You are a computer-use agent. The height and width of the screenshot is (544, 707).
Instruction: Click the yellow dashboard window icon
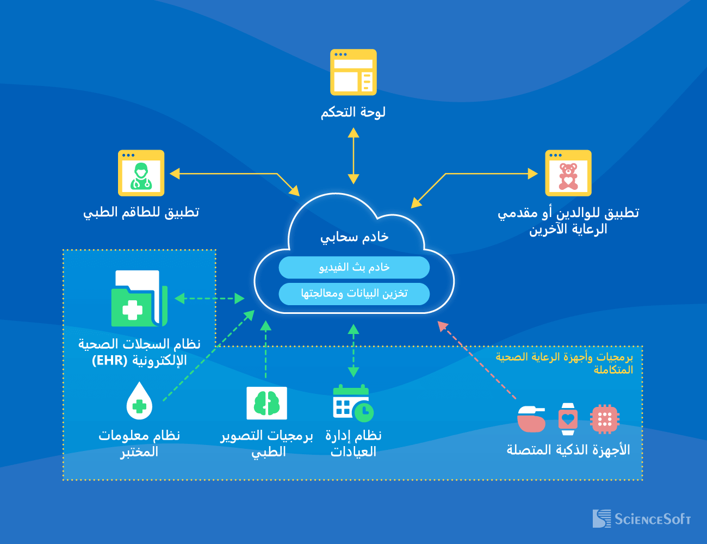pos(353,72)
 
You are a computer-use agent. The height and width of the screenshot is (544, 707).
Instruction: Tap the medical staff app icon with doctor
pos(141,173)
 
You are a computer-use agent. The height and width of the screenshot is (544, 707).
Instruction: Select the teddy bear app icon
pos(568,173)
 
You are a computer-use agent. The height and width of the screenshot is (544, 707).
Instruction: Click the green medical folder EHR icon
pos(139,299)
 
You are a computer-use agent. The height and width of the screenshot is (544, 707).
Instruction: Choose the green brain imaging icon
pos(266,403)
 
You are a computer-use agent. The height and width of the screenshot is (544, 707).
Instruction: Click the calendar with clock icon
pos(353,403)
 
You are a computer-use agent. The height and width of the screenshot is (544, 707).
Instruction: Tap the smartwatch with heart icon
pos(568,419)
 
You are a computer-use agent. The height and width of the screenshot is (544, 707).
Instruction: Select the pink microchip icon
pos(605,419)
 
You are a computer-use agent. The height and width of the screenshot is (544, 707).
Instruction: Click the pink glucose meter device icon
pos(531,419)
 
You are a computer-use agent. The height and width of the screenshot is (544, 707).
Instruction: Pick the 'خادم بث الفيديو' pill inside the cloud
pos(354,267)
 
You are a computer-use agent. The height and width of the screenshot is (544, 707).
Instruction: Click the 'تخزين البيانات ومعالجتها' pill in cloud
pos(354,294)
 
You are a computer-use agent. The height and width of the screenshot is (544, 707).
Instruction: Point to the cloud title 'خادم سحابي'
pos(354,237)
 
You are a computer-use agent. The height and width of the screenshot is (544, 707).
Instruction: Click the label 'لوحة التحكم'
pos(353,112)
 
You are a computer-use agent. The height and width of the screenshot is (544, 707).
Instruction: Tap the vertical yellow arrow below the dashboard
pos(353,156)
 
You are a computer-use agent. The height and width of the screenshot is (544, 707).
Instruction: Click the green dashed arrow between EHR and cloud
pos(209,298)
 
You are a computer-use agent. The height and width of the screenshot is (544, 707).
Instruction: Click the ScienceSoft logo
pos(642,518)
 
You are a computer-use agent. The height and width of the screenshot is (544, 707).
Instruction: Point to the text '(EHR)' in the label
pos(109,361)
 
